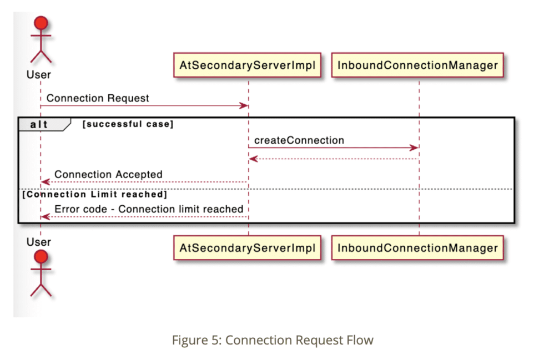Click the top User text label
(39, 74)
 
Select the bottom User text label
(39, 242)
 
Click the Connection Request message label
(98, 98)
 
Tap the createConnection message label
(299, 140)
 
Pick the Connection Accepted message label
(108, 174)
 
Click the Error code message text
(149, 209)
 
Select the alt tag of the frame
(39, 124)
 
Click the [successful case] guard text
(128, 124)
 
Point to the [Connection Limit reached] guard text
(94, 195)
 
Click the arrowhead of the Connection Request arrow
(244, 106)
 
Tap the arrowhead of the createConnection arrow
(414, 148)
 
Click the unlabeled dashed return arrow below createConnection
(333, 159)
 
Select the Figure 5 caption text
(273, 340)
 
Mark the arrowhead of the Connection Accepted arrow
(45, 182)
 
